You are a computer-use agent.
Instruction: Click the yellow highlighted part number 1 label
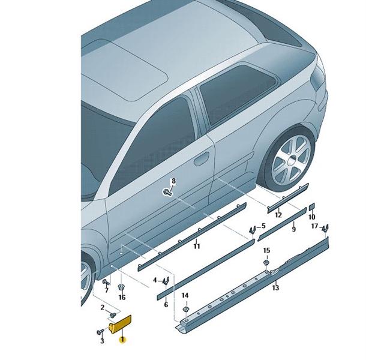point(122,340)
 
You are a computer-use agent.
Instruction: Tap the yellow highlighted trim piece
point(120,324)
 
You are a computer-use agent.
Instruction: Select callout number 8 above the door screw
point(173,181)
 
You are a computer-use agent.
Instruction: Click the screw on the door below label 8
point(167,193)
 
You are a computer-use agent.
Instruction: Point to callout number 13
point(275,287)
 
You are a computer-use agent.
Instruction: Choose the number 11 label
point(197,246)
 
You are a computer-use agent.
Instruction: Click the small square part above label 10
point(312,206)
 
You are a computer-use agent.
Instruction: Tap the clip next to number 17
point(325,228)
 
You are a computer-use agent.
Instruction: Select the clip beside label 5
point(251,230)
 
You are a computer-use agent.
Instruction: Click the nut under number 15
point(266,263)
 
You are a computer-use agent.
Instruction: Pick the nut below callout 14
point(185,310)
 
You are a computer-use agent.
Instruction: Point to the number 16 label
point(122,297)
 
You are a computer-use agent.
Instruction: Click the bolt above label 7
point(106,282)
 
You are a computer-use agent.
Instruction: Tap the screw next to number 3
point(101,331)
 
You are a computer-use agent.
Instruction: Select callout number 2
point(102,308)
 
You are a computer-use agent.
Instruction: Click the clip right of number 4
point(166,281)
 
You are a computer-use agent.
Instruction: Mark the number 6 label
point(166,304)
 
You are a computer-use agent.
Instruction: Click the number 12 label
point(278,215)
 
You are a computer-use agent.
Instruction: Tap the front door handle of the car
point(202,159)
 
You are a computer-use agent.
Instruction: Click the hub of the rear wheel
point(291,161)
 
